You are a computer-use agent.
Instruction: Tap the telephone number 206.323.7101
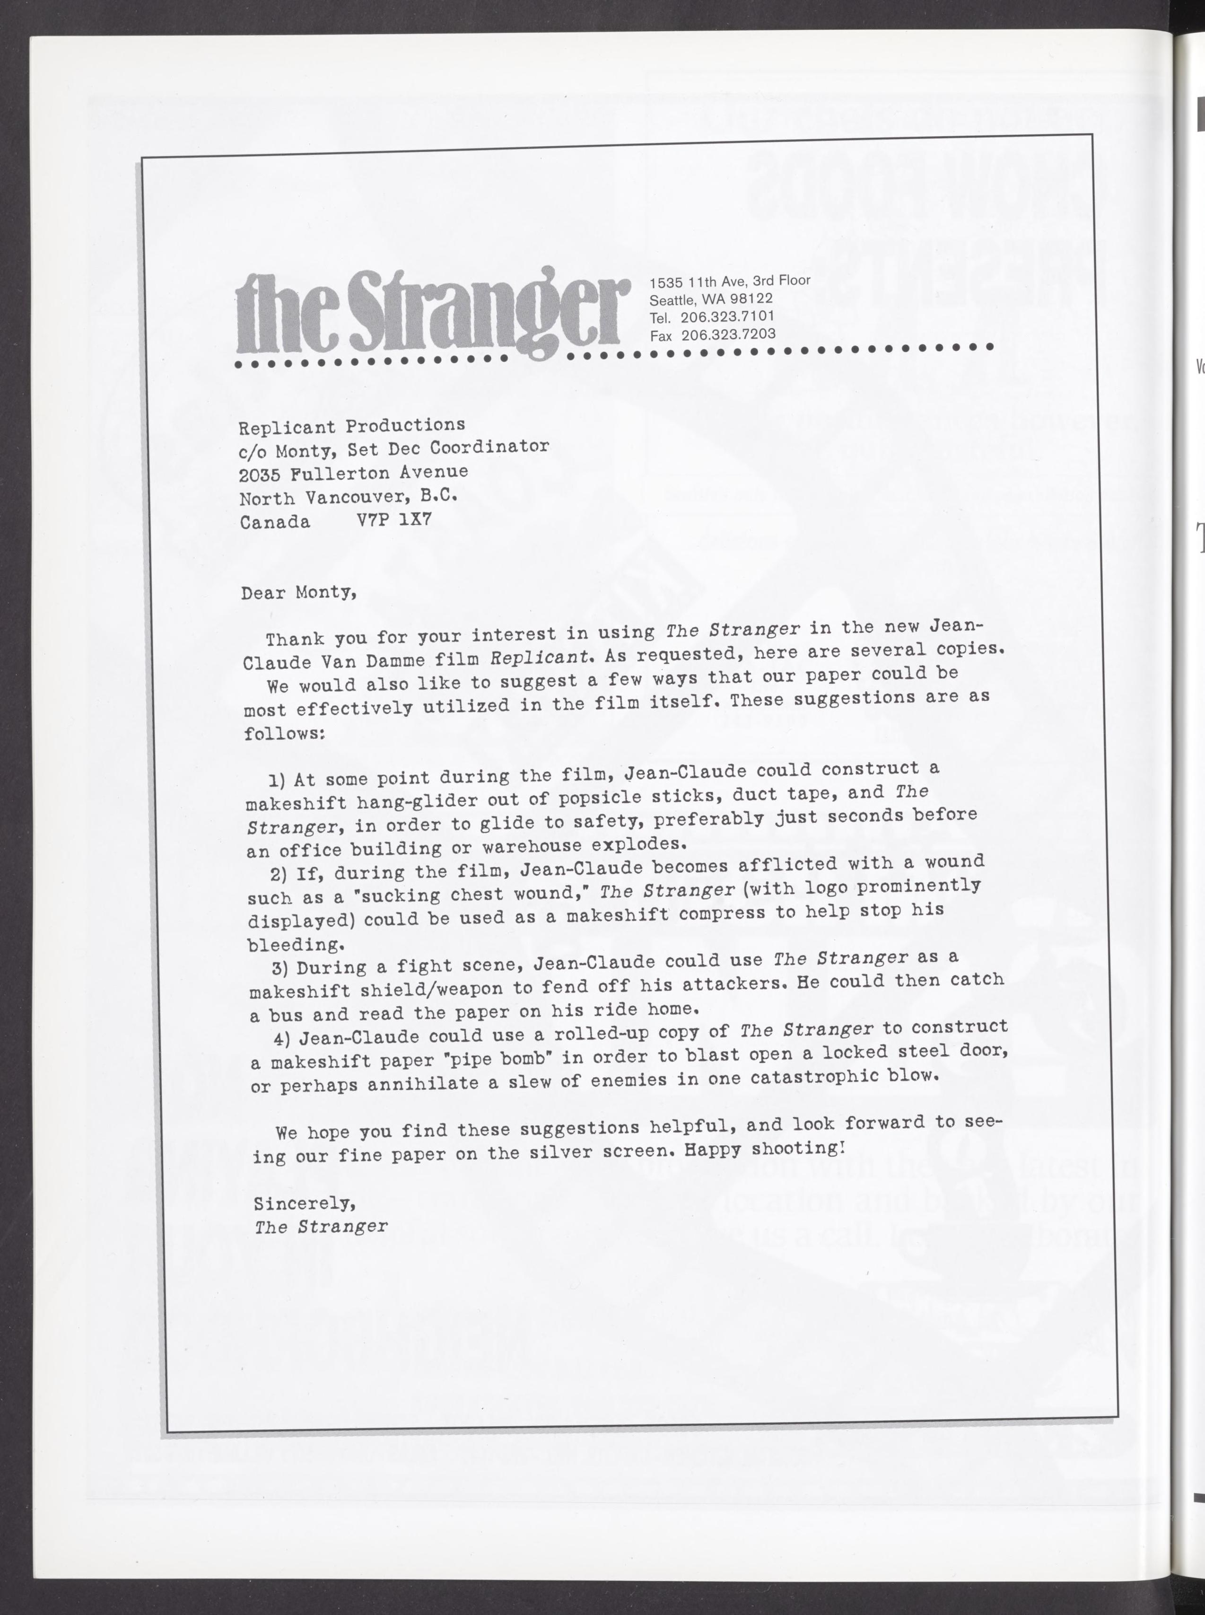coord(727,316)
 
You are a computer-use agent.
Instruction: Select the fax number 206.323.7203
coord(728,334)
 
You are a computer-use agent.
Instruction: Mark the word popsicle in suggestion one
coord(600,797)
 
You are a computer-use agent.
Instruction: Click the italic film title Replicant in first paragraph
coord(540,658)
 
